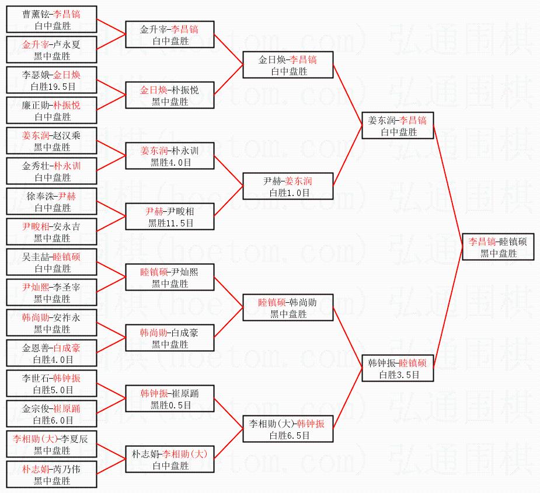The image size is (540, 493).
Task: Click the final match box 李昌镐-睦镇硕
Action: [x=498, y=247]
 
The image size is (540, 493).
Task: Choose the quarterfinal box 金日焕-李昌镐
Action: [x=288, y=65]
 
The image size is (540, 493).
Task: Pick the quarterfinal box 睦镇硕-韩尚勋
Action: [x=288, y=307]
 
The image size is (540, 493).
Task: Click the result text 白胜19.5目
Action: [x=52, y=86]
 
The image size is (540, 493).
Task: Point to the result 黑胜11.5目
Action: [x=170, y=223]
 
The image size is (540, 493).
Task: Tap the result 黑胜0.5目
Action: [x=170, y=405]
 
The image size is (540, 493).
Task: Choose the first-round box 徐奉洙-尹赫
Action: [x=52, y=201]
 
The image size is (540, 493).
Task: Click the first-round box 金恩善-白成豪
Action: [x=52, y=353]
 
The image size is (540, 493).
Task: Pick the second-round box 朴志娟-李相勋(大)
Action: [x=170, y=459]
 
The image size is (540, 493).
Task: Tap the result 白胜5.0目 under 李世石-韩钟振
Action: [x=52, y=390]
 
